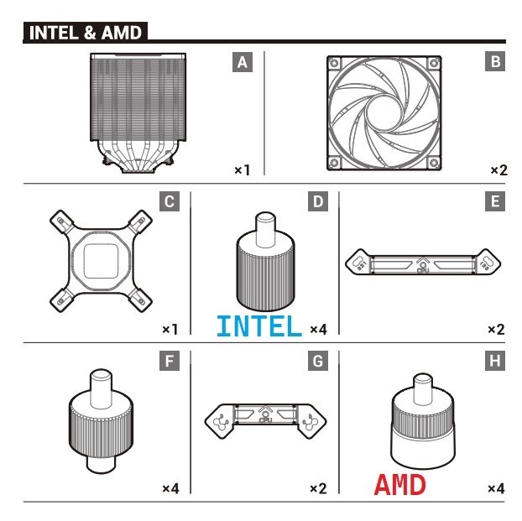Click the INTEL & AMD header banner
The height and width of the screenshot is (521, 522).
(x=85, y=34)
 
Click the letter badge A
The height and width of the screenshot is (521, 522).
(x=242, y=61)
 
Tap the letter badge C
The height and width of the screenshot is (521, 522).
(x=170, y=201)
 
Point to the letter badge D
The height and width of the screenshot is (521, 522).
(x=318, y=201)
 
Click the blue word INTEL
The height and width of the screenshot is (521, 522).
(x=258, y=326)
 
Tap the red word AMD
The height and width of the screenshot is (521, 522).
(x=399, y=485)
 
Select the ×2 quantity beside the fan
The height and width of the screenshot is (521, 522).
(x=499, y=170)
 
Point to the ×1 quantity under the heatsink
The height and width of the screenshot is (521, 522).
(x=243, y=170)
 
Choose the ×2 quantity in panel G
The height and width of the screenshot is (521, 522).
(x=318, y=487)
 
